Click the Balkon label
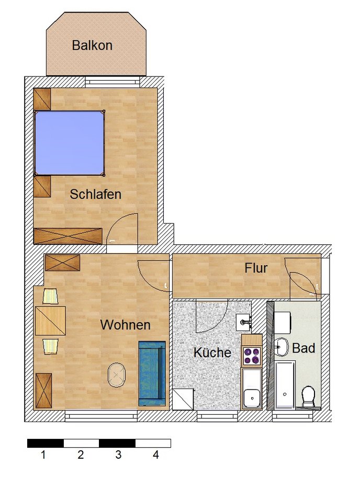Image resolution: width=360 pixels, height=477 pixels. tap(92, 46)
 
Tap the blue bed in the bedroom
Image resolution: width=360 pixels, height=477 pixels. tap(69, 143)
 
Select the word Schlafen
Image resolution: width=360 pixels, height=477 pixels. tap(96, 195)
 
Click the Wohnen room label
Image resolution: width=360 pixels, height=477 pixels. tap(125, 325)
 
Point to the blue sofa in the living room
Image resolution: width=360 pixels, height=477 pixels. tap(152, 373)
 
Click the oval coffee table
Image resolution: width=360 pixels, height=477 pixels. tap(117, 376)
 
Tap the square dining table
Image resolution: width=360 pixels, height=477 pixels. tap(50, 321)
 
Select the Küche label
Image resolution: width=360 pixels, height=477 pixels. tap(212, 353)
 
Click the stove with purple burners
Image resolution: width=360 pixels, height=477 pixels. tap(252, 356)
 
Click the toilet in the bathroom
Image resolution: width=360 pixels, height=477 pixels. tap(309, 395)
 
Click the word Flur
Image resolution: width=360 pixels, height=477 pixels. tap(256, 269)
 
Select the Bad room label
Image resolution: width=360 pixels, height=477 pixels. tap(303, 348)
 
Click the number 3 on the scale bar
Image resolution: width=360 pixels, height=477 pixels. tap(118, 455)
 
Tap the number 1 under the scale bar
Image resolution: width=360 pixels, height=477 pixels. tap(43, 455)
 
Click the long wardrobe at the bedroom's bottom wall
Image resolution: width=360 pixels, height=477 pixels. tap(67, 236)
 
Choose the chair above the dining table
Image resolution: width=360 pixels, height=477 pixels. tap(50, 296)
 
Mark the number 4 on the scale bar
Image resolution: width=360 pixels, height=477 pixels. tap(155, 455)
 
